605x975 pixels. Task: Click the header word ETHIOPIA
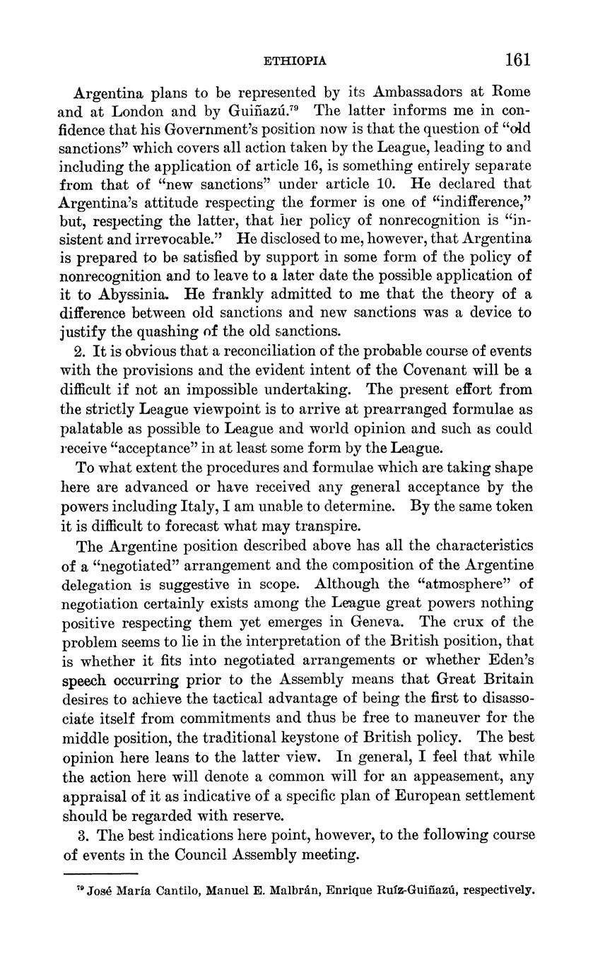[x=294, y=61]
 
